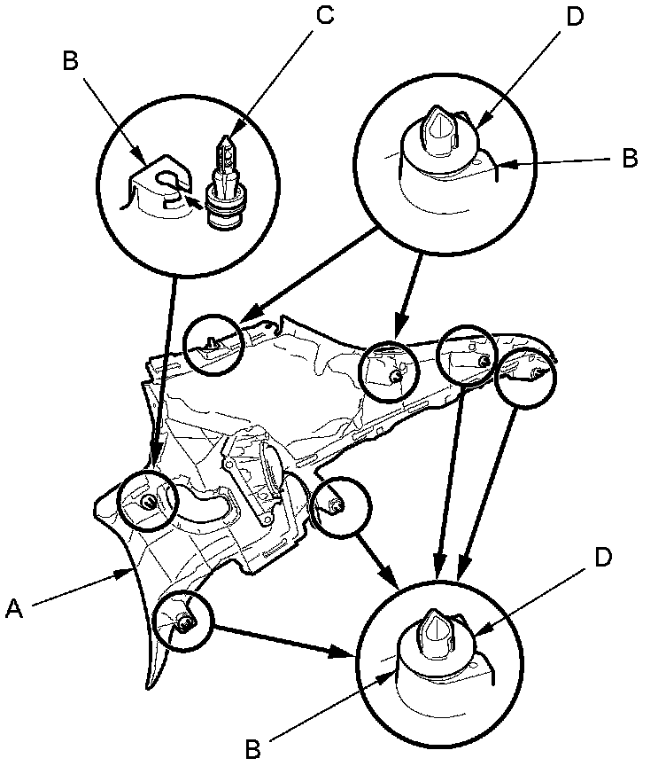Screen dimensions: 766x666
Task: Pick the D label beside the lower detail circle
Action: [x=603, y=558]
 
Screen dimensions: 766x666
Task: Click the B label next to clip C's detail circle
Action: [x=72, y=62]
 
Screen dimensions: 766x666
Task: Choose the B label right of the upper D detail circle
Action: [x=630, y=159]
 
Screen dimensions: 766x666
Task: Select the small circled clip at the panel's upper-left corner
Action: [x=213, y=345]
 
